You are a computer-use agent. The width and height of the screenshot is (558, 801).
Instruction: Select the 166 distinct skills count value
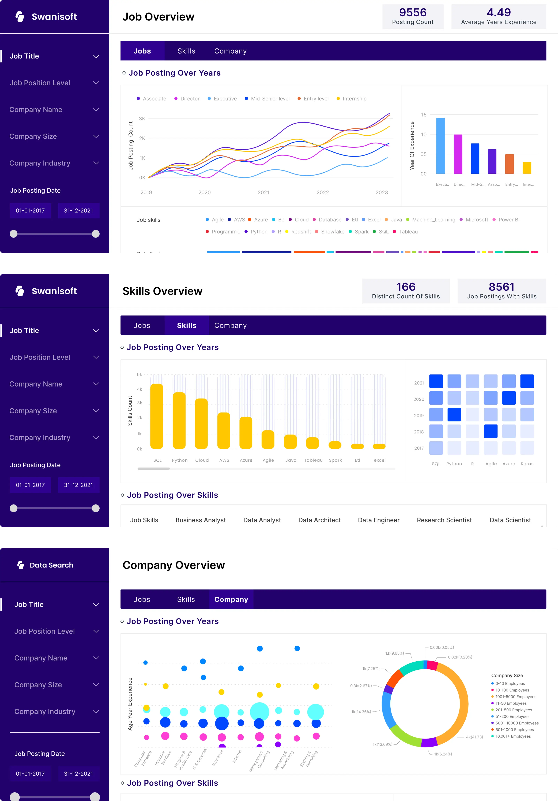tap(406, 287)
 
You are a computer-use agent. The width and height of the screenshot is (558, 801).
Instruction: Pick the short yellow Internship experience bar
tap(527, 168)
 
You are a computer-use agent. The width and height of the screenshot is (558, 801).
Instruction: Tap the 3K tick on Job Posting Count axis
tap(142, 119)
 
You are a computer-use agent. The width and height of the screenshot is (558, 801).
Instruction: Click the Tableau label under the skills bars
tap(313, 460)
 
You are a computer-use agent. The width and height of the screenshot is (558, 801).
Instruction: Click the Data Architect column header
tap(319, 520)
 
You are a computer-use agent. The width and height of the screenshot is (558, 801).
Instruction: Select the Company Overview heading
tap(174, 565)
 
